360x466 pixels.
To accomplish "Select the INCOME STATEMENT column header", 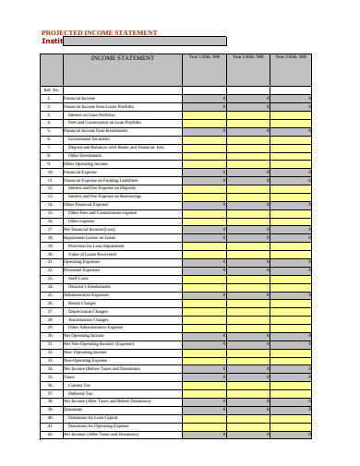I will tap(122, 58).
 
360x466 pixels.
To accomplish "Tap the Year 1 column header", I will tap(204, 57).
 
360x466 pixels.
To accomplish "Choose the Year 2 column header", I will tap(247, 57).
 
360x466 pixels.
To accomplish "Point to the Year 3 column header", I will tap(292, 57).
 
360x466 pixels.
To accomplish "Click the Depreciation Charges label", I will tap(88, 311).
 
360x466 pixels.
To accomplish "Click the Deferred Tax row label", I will tap(80, 393).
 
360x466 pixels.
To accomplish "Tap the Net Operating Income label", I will tap(84, 335).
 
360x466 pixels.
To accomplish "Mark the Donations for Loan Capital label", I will tap(93, 417).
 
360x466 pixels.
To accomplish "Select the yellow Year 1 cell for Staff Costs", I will tap(204, 278).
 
